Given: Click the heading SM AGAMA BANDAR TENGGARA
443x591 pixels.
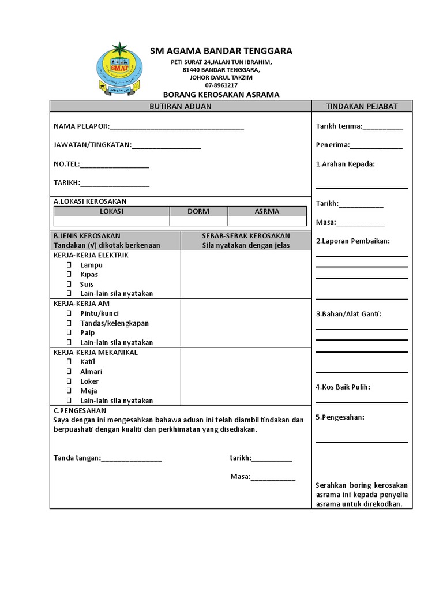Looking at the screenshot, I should click(x=221, y=51).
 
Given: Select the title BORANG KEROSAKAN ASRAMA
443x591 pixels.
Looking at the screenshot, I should click(x=221, y=94).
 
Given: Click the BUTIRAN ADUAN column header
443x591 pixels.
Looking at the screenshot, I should click(x=181, y=106).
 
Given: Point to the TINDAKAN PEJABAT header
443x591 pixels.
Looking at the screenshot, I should click(x=362, y=106).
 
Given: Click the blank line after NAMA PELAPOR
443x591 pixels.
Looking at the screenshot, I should click(x=177, y=127).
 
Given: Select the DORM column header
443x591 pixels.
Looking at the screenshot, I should click(x=198, y=211).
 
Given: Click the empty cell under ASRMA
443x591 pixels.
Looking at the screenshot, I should click(x=267, y=221).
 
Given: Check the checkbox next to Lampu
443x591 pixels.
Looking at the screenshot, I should click(x=69, y=265).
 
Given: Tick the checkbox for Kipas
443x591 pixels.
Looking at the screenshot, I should click(x=69, y=275).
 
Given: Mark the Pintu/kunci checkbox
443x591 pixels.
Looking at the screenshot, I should click(x=69, y=313).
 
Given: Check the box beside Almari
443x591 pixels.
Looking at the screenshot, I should click(x=69, y=372).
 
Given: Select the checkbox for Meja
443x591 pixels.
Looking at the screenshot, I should click(x=69, y=391).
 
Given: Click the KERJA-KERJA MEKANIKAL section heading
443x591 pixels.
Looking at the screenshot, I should click(x=96, y=352).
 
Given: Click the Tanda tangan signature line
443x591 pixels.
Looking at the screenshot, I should click(x=132, y=459).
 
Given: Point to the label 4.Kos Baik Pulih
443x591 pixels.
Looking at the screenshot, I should click(x=343, y=387).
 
